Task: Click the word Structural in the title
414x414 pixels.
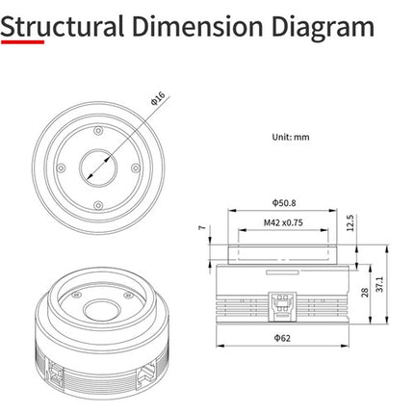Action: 63,26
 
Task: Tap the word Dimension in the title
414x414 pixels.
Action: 197,26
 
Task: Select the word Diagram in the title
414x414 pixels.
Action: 323,28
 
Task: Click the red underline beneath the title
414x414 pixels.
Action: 22,41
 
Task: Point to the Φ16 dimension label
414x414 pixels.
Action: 158,98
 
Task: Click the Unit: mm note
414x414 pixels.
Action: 291,137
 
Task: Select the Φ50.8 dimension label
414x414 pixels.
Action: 284,203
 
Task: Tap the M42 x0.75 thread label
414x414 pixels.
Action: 283,222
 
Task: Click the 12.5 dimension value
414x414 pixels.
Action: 350,223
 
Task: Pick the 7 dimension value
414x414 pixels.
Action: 202,227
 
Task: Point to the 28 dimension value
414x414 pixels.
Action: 365,293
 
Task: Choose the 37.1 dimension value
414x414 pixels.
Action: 379,284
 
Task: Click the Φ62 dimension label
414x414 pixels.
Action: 282,338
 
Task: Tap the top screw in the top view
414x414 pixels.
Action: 98,131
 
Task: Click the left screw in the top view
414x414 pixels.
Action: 61,168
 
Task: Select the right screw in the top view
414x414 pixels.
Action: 136,168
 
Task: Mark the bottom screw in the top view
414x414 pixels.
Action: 98,205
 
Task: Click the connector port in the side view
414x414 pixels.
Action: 282,306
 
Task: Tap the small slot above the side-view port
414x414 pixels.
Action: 282,272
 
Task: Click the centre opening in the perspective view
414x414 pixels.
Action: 102,310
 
